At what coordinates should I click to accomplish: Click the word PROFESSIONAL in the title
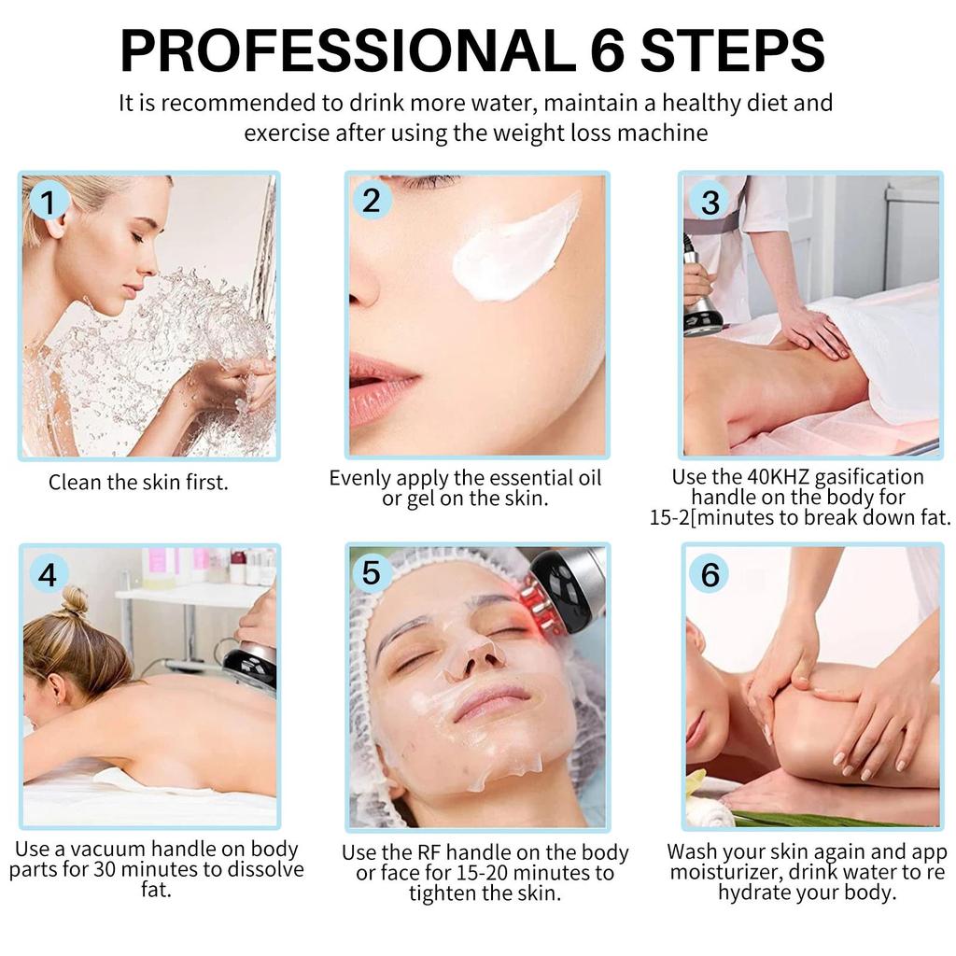[348, 50]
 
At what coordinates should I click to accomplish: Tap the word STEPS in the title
[733, 50]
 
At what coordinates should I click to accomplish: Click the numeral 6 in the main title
[607, 50]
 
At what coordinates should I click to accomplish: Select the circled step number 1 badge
[47, 202]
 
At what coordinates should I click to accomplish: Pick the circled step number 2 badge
[372, 201]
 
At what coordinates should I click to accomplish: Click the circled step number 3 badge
[710, 202]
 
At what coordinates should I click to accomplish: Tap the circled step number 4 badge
[47, 574]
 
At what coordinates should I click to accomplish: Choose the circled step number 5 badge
[372, 573]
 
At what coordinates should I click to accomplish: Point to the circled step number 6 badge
[710, 574]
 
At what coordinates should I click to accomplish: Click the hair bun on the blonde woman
[75, 600]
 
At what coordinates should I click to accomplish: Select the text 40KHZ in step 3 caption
[778, 477]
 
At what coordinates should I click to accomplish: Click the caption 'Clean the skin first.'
[138, 483]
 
